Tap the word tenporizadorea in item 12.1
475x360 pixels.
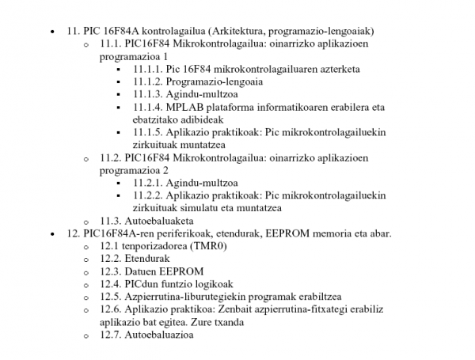(157, 246)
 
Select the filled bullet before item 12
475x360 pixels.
(51, 233)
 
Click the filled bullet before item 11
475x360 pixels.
(51, 31)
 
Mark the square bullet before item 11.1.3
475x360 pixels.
(118, 95)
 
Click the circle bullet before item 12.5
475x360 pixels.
(86, 297)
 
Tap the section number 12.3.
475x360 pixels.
(112, 271)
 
